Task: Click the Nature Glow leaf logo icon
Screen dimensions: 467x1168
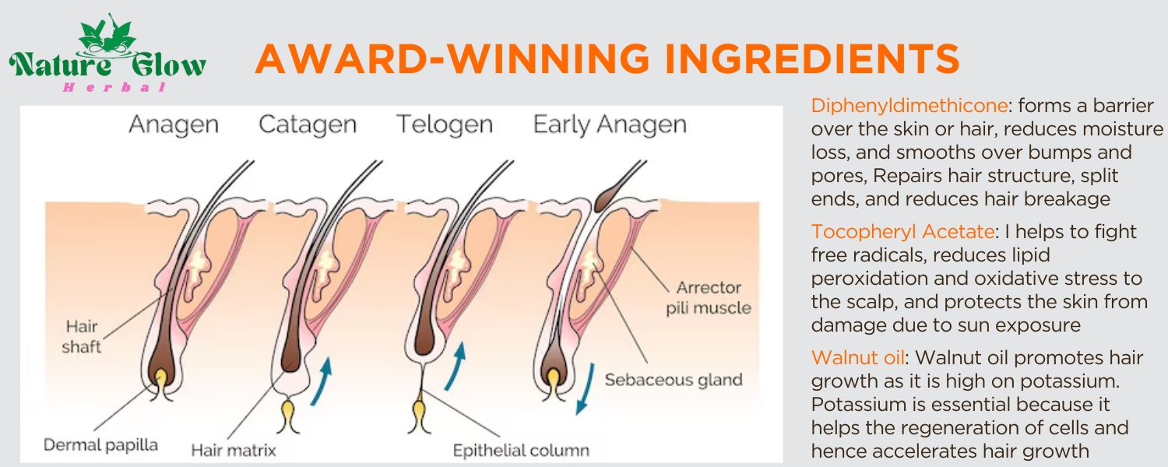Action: coord(107,36)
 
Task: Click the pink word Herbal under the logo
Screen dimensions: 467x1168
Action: coord(114,87)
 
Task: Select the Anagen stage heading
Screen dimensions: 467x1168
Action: coord(174,125)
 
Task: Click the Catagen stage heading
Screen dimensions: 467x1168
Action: coord(308,125)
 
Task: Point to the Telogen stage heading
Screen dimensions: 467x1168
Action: coord(445,125)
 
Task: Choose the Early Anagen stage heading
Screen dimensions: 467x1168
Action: coord(610,125)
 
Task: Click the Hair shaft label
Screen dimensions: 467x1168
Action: coord(81,336)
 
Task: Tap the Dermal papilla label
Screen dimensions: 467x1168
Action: coord(100,445)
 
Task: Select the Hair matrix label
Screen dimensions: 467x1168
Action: coord(234,449)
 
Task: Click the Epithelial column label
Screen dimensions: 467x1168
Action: coord(521,449)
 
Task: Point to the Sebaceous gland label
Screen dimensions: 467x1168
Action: coord(674,380)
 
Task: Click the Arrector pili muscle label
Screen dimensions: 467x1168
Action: coord(708,297)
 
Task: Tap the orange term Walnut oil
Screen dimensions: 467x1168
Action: coord(858,357)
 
